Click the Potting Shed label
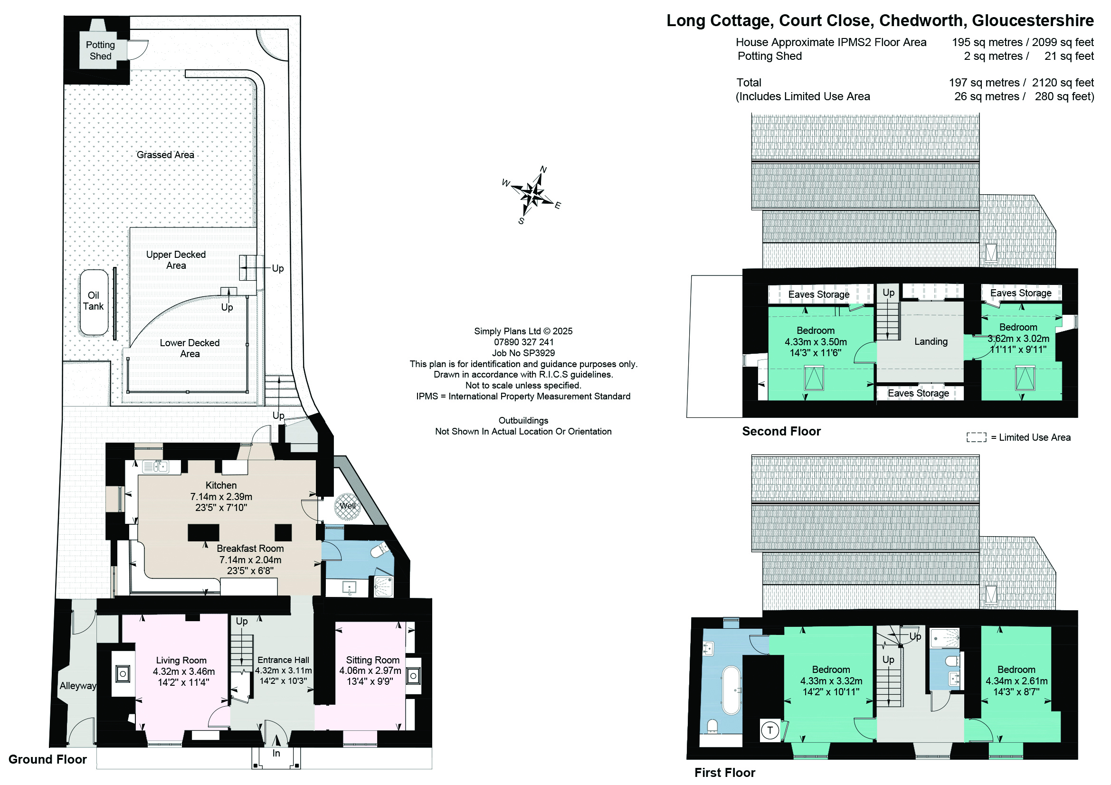pos(100,50)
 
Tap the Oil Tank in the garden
pos(94,303)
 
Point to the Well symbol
pos(347,506)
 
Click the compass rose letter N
pos(543,169)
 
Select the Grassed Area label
pos(165,155)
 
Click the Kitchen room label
pos(221,485)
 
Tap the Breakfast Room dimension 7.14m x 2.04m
pos(250,559)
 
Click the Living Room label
pos(181,660)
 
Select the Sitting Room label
pos(372,660)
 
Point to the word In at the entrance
pos(276,753)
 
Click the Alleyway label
pos(78,686)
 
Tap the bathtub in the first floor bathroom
pos(731,690)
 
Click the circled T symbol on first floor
pos(770,730)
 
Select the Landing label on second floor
pos(931,341)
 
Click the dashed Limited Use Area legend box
pos(976,437)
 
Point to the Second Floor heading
pos(781,431)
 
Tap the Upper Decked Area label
pos(176,260)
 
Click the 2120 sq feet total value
pos(1063,83)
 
